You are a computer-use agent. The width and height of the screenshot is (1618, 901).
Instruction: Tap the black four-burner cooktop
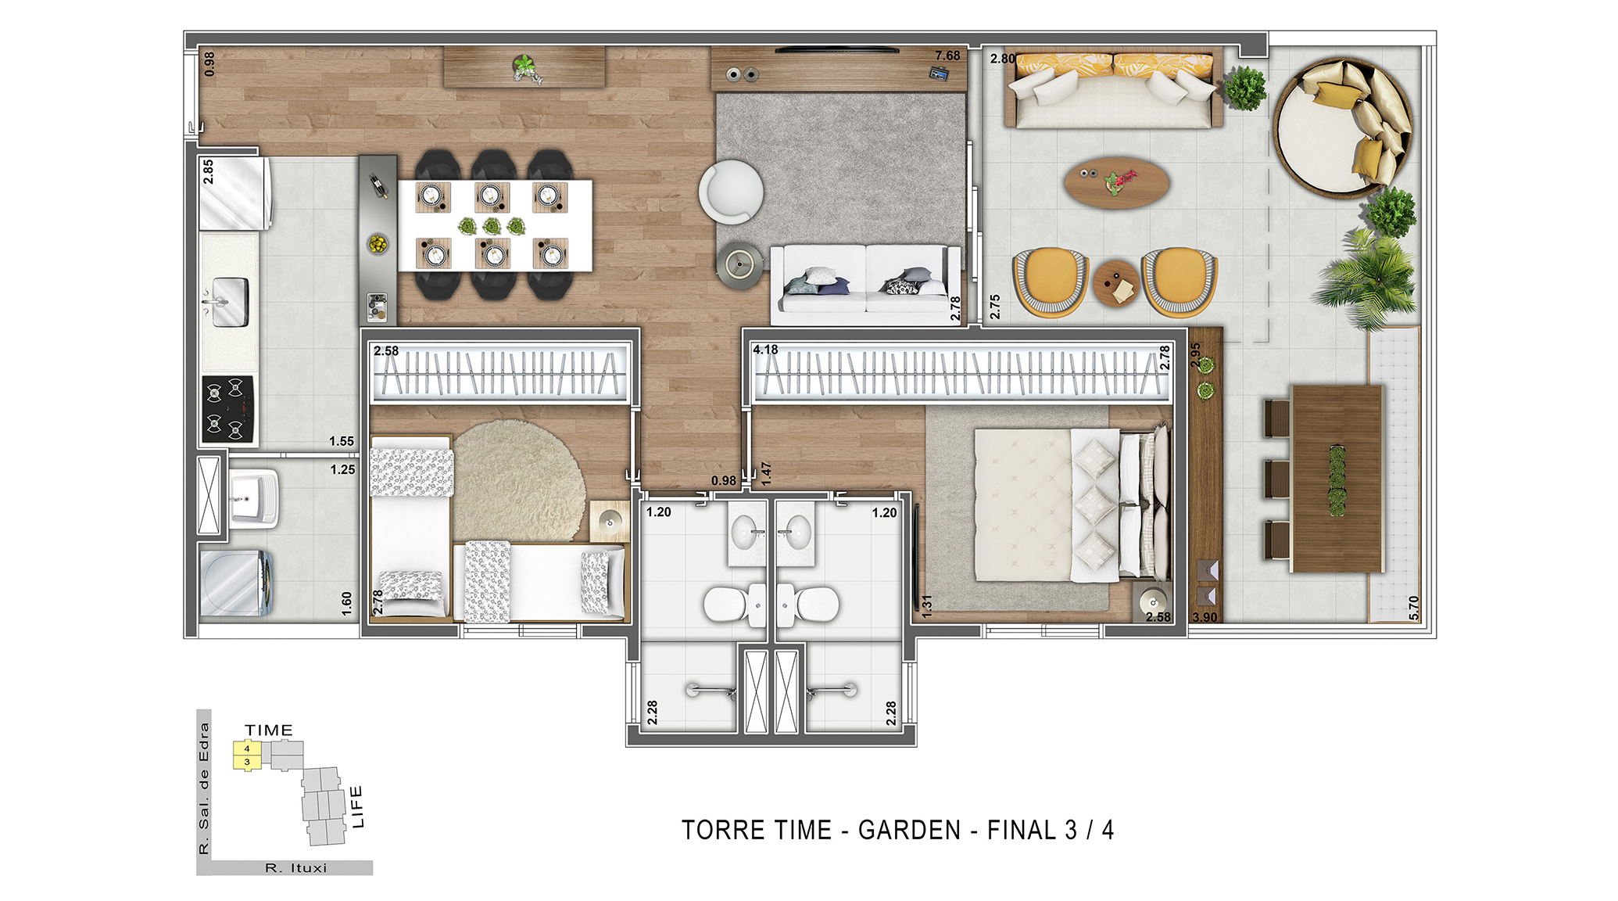[228, 409]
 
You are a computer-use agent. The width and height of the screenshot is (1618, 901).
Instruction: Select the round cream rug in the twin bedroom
[518, 480]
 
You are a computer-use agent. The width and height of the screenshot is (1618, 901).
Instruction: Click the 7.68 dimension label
[947, 56]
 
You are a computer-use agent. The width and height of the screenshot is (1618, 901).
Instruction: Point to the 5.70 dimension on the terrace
[1413, 608]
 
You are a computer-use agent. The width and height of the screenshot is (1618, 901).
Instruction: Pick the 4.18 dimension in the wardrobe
[765, 350]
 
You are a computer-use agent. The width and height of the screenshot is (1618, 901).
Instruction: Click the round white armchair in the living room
[731, 191]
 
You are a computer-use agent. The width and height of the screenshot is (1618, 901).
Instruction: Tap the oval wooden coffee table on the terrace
[1117, 183]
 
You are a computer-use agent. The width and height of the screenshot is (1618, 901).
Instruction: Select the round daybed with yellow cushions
[1343, 127]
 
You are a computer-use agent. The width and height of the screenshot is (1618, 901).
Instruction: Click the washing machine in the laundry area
[236, 583]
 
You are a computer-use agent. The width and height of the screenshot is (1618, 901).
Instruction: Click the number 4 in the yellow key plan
[247, 748]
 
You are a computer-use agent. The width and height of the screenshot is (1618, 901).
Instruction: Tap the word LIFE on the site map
[357, 806]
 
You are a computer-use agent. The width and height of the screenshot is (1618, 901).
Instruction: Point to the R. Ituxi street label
[296, 868]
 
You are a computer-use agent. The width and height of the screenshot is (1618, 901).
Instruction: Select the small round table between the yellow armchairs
[1116, 283]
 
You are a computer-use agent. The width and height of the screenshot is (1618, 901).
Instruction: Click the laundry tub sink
[254, 498]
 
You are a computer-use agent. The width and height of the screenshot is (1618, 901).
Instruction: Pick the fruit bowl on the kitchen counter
[378, 244]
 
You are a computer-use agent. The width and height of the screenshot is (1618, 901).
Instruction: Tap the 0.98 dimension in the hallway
[724, 480]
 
